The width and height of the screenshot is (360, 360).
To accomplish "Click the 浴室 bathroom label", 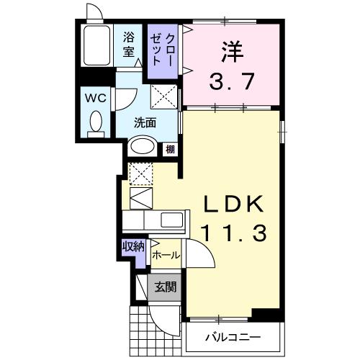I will (130, 45).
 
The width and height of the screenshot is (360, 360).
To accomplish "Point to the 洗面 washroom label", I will (145, 122).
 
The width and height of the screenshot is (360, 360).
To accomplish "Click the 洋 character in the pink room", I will (230, 52).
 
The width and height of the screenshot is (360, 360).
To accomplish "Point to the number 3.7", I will (230, 81).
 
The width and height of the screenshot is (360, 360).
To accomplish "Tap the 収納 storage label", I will (134, 247).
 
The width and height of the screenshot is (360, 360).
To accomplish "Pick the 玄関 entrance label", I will (166, 287).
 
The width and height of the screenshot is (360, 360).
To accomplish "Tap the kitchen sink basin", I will (171, 220).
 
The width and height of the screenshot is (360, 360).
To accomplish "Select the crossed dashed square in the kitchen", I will (139, 173).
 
